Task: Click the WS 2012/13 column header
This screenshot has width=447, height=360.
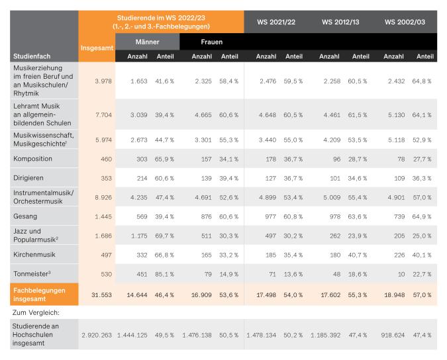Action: click(340, 22)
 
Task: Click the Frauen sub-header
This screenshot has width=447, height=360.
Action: click(211, 42)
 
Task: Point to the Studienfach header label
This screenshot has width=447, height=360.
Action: click(31, 56)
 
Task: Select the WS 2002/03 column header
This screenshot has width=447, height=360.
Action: click(404, 22)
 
